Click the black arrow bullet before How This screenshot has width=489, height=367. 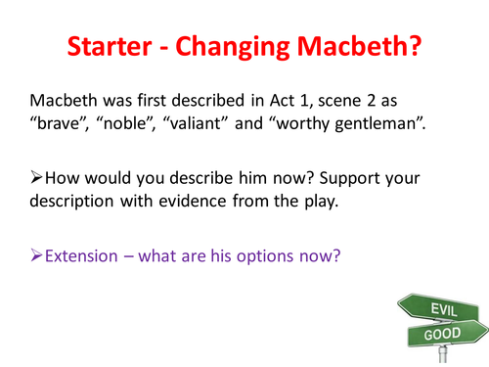coord(38,180)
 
